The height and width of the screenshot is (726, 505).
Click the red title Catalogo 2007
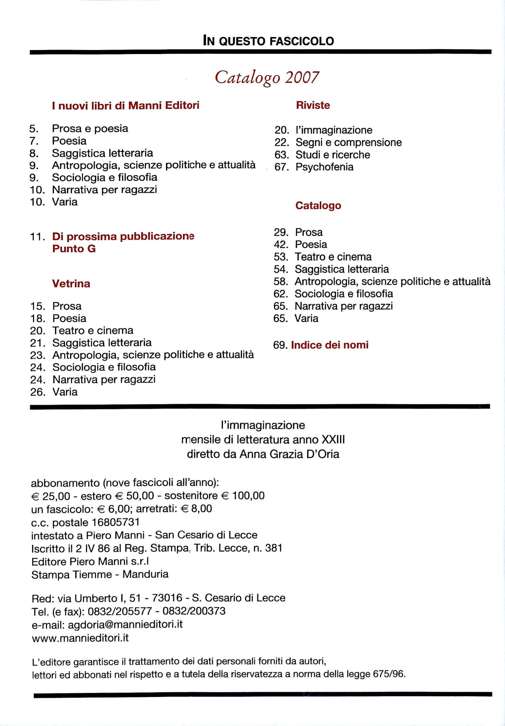(x=267, y=77)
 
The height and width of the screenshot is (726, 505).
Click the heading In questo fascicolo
(x=268, y=41)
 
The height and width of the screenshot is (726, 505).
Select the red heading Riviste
(x=313, y=105)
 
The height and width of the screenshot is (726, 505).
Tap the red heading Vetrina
(x=71, y=284)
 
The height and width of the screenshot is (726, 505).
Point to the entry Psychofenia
(x=324, y=167)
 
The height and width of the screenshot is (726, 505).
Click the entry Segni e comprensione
(x=348, y=142)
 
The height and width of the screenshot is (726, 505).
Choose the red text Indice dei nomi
(x=330, y=345)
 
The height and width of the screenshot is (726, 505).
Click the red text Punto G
(x=74, y=249)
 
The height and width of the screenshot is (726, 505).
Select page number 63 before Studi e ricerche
(x=281, y=155)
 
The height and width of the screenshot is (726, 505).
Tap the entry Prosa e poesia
(x=90, y=129)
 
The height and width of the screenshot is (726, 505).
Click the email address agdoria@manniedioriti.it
(x=125, y=624)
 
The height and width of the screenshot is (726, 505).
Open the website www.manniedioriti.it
(x=80, y=638)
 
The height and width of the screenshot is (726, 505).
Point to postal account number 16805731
(x=116, y=522)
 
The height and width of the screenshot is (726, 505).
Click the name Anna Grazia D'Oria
(x=289, y=454)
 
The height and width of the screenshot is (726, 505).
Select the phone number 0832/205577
(x=120, y=611)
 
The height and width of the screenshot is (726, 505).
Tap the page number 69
(x=280, y=345)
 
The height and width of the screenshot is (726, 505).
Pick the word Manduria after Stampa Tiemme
(x=145, y=574)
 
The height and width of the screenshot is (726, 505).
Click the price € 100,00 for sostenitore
(x=243, y=496)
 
